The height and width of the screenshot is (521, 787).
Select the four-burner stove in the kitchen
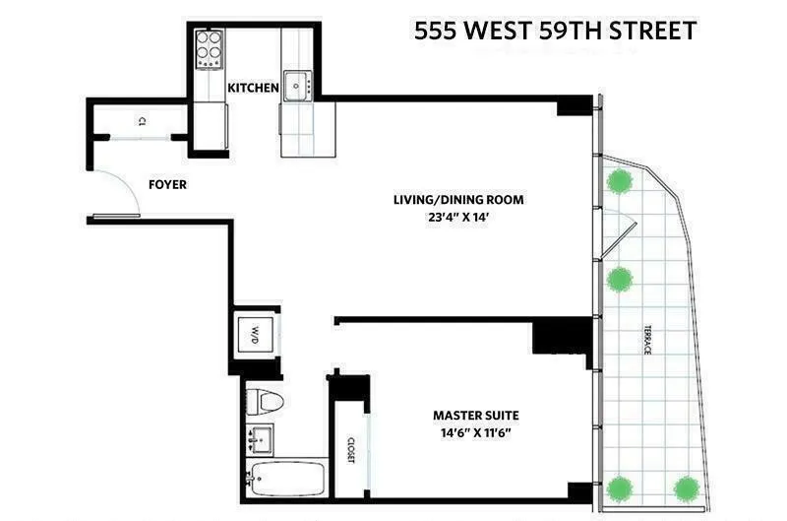[x=209, y=48]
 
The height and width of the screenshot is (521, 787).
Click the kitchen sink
[x=296, y=85]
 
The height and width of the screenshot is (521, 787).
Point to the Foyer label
[x=167, y=184]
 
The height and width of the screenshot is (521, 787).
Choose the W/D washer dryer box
[x=254, y=330]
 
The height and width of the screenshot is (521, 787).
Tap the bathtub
[x=285, y=481]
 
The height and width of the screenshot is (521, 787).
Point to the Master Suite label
[x=475, y=415]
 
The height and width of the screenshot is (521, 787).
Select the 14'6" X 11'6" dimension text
[x=475, y=433]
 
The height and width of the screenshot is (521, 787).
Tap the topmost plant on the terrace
[x=619, y=182]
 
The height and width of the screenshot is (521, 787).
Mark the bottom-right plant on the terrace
[x=686, y=488]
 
